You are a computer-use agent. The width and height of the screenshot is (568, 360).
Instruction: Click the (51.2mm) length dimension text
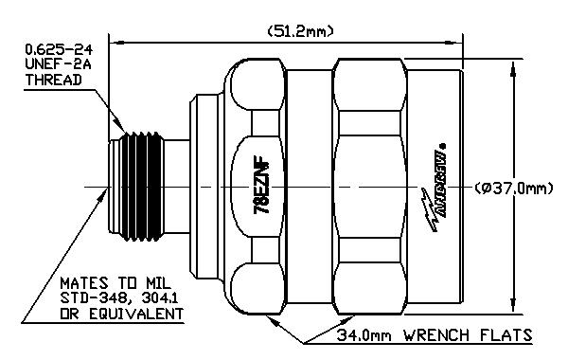pos(294,31)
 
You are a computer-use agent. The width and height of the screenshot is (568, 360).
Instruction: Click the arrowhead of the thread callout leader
pos(126,134)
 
